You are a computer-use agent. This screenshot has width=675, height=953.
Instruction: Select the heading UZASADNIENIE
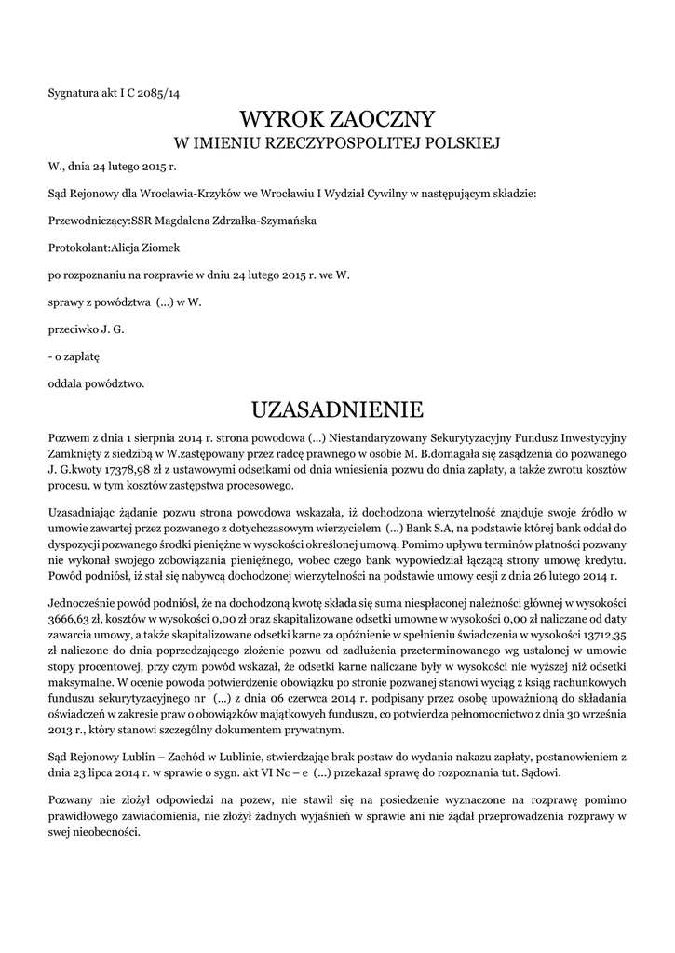[337, 409]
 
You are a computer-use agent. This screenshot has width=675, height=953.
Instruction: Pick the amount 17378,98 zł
[153, 471]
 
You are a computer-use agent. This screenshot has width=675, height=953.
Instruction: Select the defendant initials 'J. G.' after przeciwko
[113, 329]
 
